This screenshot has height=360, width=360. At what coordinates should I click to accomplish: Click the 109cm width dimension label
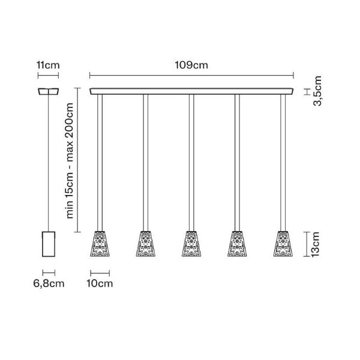(192, 65)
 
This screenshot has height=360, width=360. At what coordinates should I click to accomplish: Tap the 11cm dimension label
(47, 65)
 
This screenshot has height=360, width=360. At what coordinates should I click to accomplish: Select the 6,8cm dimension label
(48, 284)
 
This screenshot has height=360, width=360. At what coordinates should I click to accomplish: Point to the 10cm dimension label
(100, 284)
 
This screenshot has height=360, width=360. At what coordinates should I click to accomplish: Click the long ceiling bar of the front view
(192, 91)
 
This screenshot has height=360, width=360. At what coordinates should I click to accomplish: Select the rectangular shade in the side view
(48, 244)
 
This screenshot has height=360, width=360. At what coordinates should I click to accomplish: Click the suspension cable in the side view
(48, 162)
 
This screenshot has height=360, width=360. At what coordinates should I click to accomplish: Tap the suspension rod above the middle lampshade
(191, 162)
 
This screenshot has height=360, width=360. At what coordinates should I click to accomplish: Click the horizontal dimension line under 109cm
(192, 76)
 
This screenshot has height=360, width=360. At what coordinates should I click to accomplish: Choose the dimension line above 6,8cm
(48, 272)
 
